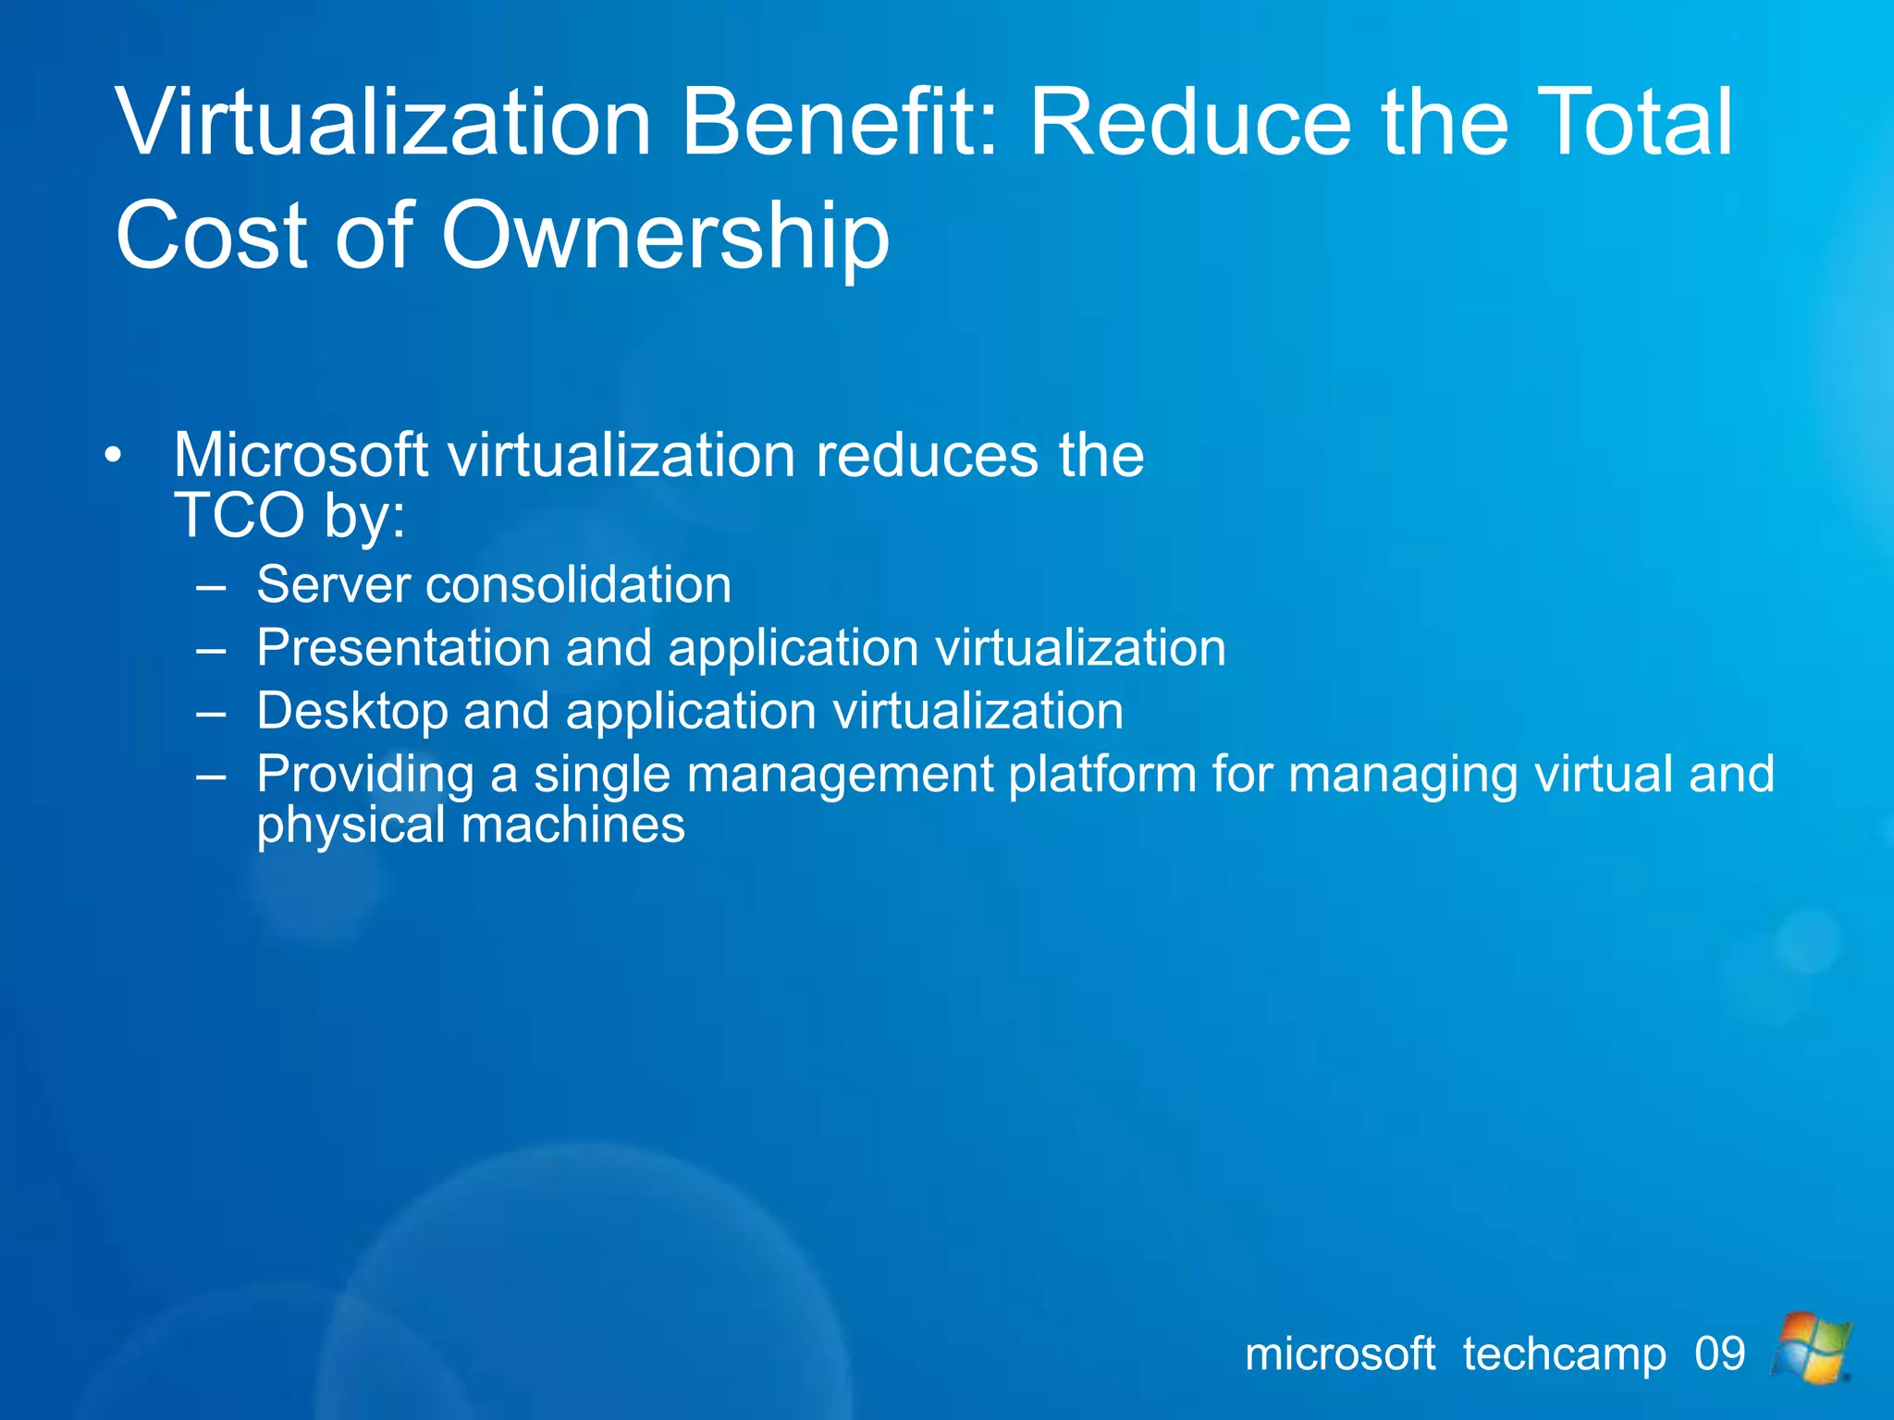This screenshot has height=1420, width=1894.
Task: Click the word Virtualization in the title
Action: click(384, 122)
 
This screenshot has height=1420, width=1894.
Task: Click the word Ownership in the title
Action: click(664, 237)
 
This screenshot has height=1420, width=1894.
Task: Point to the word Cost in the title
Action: click(210, 237)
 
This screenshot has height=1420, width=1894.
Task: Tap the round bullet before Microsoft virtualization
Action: click(113, 455)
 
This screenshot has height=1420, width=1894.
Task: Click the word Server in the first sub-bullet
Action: click(333, 584)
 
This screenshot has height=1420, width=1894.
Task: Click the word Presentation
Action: click(403, 647)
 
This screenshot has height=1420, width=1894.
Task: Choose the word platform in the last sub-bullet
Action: click(1102, 774)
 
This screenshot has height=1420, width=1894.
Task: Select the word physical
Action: click(351, 826)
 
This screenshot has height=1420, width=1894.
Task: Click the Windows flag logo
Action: click(1812, 1348)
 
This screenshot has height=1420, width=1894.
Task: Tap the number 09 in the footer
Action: click(1720, 1354)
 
